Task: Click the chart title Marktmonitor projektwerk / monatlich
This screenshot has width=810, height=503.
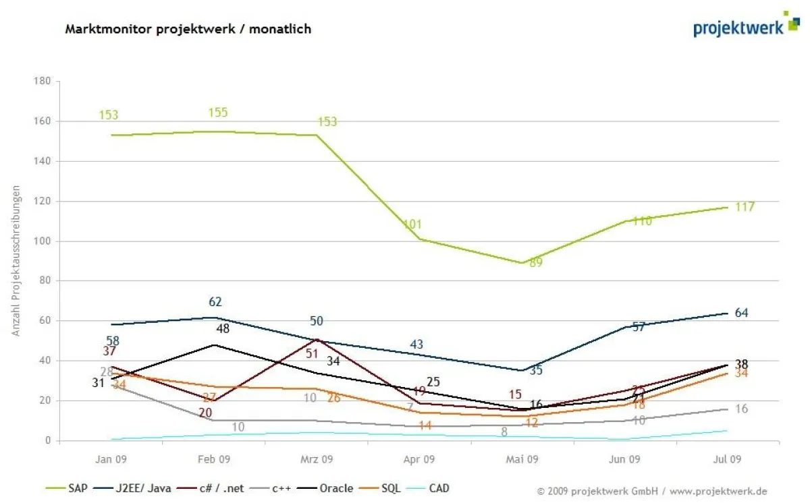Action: click(188, 29)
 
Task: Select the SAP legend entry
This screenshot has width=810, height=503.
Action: click(72, 488)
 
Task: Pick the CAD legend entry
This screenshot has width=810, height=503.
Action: click(439, 488)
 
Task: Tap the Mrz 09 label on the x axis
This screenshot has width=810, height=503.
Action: click(317, 459)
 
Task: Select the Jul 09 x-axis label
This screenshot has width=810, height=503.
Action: click(727, 459)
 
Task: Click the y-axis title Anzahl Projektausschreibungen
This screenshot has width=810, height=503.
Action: click(16, 261)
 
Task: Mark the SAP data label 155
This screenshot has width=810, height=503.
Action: click(218, 113)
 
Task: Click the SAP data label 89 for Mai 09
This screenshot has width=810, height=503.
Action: click(536, 263)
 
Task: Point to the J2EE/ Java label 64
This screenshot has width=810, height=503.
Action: click(741, 313)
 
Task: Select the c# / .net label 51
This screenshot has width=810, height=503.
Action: click(312, 353)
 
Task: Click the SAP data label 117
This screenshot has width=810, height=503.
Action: click(745, 207)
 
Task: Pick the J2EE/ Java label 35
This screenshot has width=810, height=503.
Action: click(536, 370)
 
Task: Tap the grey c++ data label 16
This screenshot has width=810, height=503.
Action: click(741, 409)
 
